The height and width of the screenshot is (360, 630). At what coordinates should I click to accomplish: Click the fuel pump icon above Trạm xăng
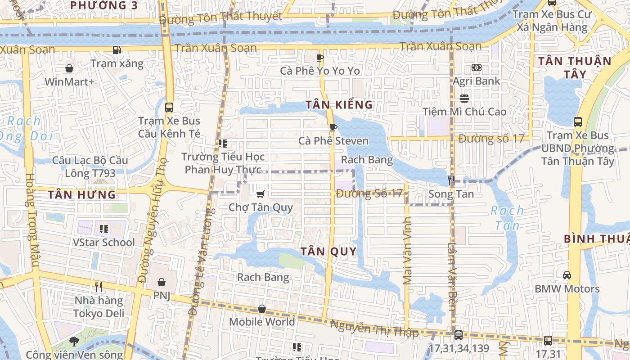[x=117, y=50]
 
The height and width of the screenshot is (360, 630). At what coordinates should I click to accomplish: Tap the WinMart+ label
[x=69, y=82]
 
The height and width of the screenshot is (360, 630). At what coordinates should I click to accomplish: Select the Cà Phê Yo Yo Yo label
[x=320, y=71]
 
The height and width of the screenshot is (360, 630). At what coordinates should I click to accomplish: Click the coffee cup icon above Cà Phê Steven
[x=333, y=128]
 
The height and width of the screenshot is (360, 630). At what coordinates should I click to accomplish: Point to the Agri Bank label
[x=476, y=81]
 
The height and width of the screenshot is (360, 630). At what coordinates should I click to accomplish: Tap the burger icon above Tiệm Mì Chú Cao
[x=464, y=98]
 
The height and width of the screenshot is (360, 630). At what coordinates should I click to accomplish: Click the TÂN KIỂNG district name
[x=339, y=105]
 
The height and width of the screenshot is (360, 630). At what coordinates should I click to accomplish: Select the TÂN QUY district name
[x=328, y=251]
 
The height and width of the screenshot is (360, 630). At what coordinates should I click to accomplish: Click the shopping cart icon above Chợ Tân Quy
[x=260, y=194]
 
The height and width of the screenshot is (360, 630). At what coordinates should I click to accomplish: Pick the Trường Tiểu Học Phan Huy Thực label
[x=223, y=163]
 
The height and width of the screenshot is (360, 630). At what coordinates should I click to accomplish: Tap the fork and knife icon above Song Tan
[x=451, y=181]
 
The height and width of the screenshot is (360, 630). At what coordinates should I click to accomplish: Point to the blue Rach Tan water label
[x=507, y=218]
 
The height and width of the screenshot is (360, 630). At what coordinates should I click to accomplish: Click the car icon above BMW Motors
[x=567, y=275]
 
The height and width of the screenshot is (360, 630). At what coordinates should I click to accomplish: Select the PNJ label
[x=162, y=296]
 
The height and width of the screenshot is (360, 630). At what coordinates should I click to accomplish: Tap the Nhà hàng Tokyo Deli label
[x=99, y=307]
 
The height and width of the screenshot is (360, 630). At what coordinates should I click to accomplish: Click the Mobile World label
[x=262, y=322]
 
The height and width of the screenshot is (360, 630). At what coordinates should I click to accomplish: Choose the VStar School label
[x=103, y=242]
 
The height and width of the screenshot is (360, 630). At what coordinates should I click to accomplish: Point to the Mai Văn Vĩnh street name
[x=408, y=251]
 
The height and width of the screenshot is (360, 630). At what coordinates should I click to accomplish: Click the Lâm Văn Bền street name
[x=452, y=276]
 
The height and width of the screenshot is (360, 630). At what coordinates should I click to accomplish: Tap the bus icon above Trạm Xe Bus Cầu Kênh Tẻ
[x=169, y=108]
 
